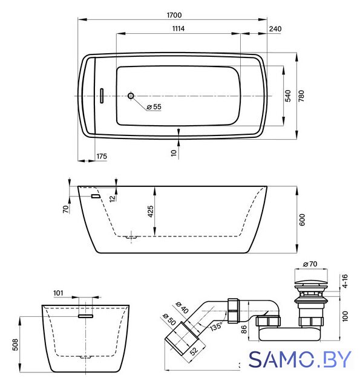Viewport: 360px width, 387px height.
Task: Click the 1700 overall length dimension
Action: pos(174,15)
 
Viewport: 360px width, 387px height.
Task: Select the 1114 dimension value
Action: pos(178,28)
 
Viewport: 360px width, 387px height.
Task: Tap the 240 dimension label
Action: pos(275,29)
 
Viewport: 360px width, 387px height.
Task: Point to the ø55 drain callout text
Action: pos(154,107)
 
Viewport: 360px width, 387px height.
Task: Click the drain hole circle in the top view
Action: pos(131,96)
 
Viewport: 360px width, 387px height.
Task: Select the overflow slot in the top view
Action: pos(102,96)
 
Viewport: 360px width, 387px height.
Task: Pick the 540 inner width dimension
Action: pos(288,96)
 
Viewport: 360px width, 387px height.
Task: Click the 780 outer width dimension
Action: pos(301,96)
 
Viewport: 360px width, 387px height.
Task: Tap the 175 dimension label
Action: pos(102,156)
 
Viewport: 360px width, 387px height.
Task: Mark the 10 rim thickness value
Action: pos(174,153)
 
